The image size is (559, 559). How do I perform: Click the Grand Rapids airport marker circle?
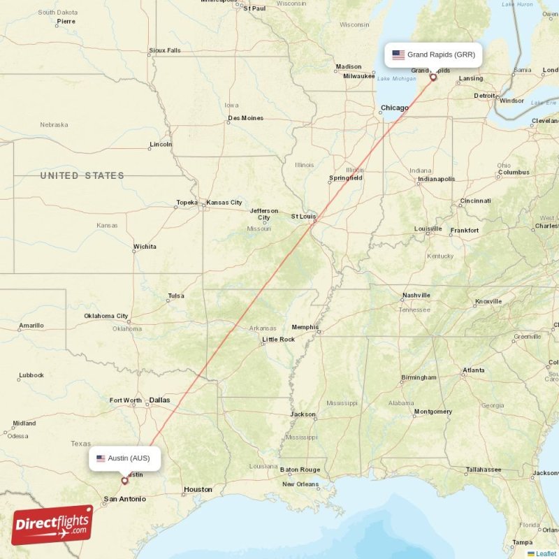click(433, 77)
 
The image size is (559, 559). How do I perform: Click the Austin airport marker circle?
click(125, 480)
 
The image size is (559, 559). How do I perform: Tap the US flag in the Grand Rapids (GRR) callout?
click(398, 55)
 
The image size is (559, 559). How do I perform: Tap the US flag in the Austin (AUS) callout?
click(101, 458)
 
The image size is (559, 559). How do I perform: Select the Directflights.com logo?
click(52, 525)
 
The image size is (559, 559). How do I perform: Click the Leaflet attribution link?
click(546, 553)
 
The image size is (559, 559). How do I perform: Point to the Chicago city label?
click(394, 108)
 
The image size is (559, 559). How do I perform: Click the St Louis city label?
click(304, 217)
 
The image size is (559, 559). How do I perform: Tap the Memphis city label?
click(305, 327)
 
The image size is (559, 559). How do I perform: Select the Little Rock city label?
click(278, 340)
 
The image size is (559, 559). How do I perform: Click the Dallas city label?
click(159, 400)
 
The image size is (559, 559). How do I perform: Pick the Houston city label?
click(198, 489)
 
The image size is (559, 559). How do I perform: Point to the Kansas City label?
click(224, 203)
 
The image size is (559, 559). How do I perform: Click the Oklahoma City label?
click(106, 316)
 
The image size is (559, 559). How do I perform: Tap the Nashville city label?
click(416, 295)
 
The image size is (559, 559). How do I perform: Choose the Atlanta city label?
click(473, 370)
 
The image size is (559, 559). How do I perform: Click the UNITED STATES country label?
click(82, 175)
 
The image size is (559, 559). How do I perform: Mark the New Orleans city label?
click(300, 484)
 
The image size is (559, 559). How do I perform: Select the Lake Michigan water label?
click(396, 78)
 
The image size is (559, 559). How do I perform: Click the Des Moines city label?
click(245, 118)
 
